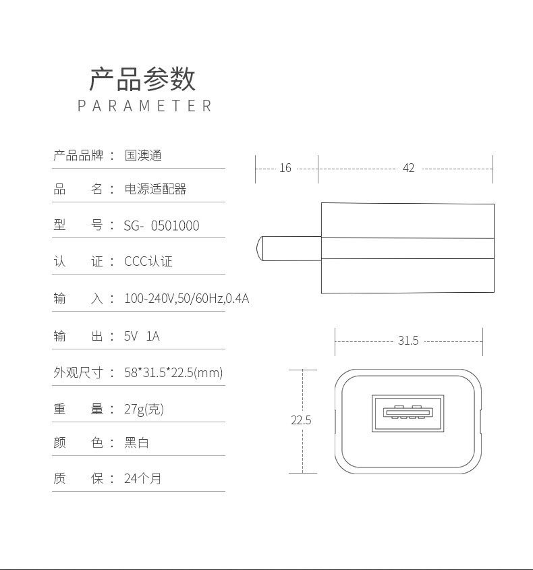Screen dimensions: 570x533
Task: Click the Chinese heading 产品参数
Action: point(142,79)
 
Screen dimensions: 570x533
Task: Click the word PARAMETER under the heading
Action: point(145,106)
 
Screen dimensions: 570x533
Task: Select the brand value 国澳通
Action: point(143,155)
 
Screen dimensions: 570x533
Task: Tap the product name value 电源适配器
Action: point(155,190)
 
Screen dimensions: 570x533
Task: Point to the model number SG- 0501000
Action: point(162,226)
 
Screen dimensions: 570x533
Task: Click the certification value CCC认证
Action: point(148,262)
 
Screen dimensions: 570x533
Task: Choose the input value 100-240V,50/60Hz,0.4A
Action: point(187,298)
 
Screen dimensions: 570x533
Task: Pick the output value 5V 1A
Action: point(142,335)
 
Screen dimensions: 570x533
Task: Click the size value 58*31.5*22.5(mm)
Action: point(173,372)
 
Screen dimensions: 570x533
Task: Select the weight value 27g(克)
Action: point(144,409)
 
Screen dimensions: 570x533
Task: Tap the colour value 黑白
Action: point(136,443)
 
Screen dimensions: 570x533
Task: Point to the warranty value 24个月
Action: point(143,479)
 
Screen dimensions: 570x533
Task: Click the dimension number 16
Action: point(285,168)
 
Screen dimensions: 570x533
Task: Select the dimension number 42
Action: point(408,168)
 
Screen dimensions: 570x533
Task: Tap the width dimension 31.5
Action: point(408,341)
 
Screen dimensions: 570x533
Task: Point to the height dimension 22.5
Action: point(301,420)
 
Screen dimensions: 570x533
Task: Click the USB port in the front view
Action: point(408,414)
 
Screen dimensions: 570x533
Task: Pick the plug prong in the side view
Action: point(288,248)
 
